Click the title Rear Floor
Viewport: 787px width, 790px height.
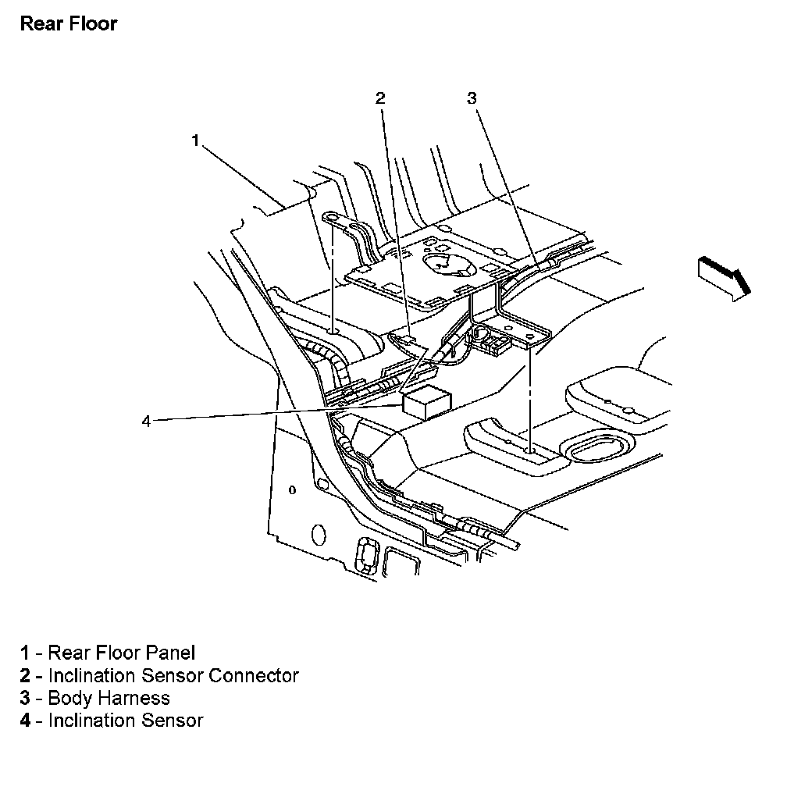69,23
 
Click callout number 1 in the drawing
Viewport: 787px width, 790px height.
196,141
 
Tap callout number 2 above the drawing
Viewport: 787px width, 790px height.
380,98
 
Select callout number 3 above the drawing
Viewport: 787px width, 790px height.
472,98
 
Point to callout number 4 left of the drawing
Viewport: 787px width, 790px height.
146,422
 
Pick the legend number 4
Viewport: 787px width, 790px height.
26,721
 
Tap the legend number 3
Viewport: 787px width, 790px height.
26,698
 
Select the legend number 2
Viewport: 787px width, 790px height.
26,675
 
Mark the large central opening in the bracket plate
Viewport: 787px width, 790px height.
448,265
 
